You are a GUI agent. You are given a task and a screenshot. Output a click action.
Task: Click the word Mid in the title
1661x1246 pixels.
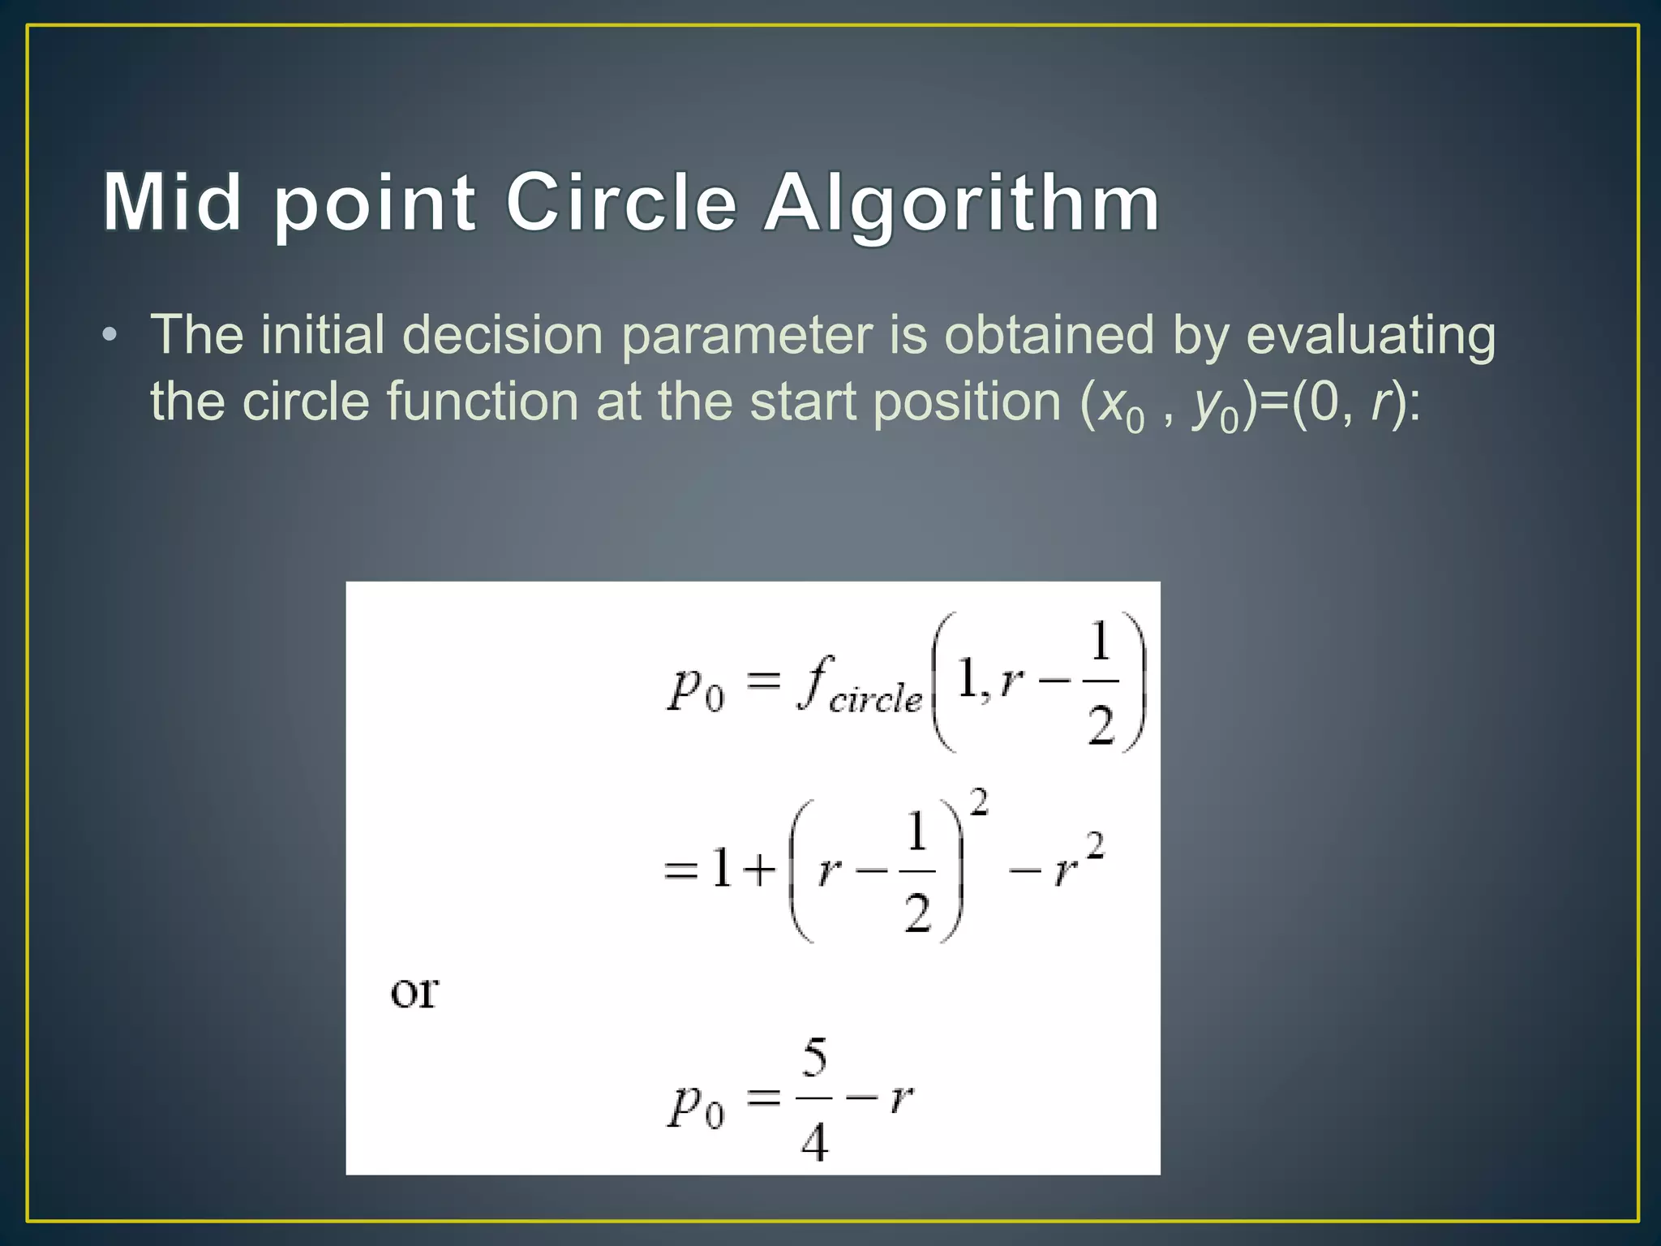(172, 202)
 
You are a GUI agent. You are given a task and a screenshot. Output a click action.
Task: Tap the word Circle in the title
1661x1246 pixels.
(621, 202)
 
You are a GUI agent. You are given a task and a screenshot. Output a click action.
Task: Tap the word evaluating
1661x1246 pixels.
(1370, 336)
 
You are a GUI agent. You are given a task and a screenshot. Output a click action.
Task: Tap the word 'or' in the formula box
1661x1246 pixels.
(414, 991)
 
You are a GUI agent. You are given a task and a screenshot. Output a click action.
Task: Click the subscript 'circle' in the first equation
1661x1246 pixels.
(875, 698)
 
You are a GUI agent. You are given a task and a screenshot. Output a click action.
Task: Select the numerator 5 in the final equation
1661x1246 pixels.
(814, 1059)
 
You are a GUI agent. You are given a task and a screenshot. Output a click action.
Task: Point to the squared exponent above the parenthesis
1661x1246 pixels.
(979, 803)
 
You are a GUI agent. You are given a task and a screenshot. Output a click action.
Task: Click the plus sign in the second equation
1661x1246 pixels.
(760, 870)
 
